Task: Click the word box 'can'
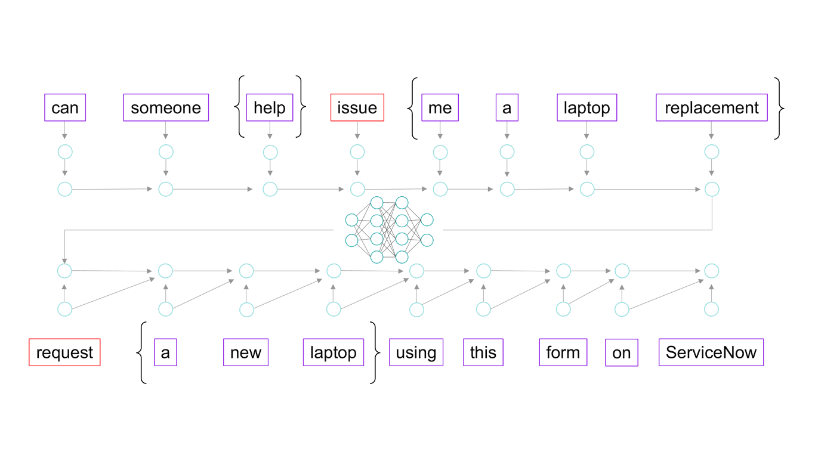coord(65,107)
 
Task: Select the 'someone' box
coord(166,107)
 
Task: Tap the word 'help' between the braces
coord(270,107)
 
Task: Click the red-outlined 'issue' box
coord(357,107)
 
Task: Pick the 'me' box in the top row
coord(440,107)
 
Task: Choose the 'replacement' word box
coord(711,107)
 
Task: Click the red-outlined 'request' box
coord(64,352)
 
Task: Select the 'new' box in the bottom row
coord(246,352)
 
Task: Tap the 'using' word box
coord(416,352)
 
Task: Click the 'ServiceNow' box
coord(711,352)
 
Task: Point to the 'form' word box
coord(563,352)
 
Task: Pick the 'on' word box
coord(621,353)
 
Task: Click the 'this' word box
coord(483,352)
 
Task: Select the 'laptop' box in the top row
coord(587,107)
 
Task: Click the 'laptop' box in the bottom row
coord(333,352)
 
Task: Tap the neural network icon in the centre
coord(389,230)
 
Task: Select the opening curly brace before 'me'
coord(412,108)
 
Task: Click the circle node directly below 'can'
coord(64,152)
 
